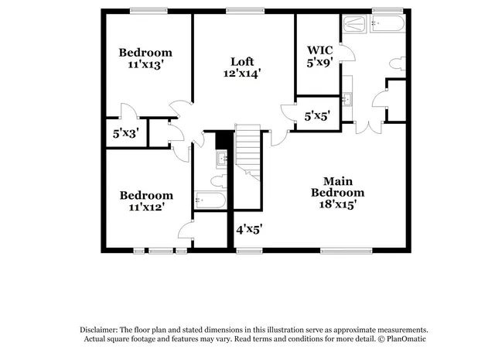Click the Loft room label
click(242, 61)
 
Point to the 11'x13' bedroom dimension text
click(145, 66)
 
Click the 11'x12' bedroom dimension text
click(145, 207)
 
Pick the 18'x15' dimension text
click(338, 204)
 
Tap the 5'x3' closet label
click(125, 133)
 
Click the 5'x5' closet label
click(318, 117)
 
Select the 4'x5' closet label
click(249, 229)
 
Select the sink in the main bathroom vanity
click(348, 98)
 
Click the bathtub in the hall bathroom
click(210, 201)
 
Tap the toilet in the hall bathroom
click(217, 180)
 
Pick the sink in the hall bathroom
click(221, 158)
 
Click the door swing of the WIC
click(346, 53)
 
